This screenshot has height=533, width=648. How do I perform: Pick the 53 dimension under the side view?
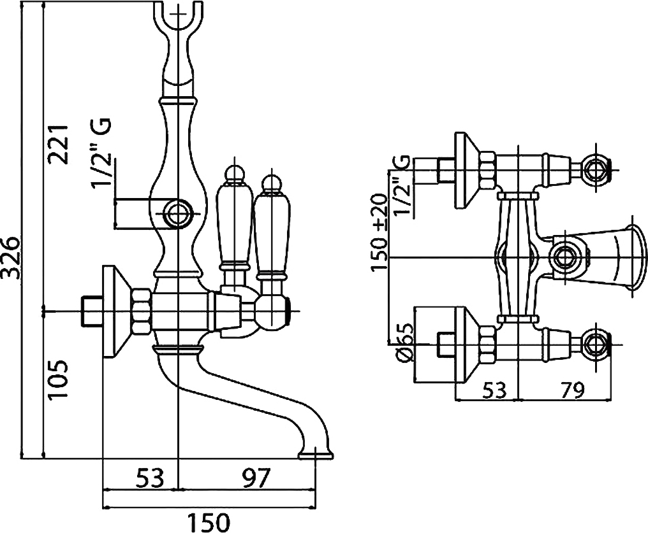click(x=149, y=476)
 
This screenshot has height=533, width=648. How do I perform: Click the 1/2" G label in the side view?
click(x=102, y=153)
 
